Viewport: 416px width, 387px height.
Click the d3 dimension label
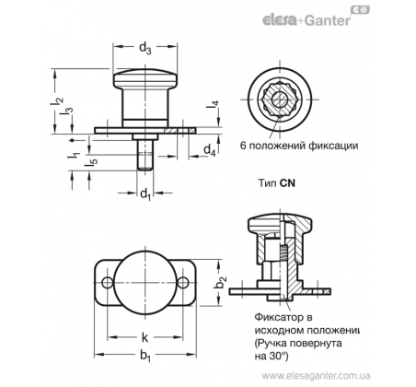click(x=145, y=48)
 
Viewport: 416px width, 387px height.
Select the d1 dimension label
click(x=145, y=194)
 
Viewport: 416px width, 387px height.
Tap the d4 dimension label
click(x=210, y=150)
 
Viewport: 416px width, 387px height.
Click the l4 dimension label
click(x=213, y=105)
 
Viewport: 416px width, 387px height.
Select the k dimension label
click(x=144, y=337)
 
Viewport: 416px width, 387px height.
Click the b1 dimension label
click(x=145, y=356)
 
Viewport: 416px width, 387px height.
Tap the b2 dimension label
click(x=221, y=283)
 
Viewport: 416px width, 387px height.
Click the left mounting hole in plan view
click(x=108, y=283)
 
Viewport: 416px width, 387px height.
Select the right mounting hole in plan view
click(x=183, y=283)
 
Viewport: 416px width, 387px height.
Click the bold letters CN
click(x=287, y=183)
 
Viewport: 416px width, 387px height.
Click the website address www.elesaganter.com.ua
click(x=316, y=376)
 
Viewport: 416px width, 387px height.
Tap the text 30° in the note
click(x=278, y=357)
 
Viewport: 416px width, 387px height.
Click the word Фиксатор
click(x=275, y=316)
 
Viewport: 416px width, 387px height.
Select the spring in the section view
click(x=283, y=252)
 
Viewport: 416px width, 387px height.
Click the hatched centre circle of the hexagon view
click(x=280, y=100)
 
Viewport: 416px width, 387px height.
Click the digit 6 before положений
click(x=243, y=146)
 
